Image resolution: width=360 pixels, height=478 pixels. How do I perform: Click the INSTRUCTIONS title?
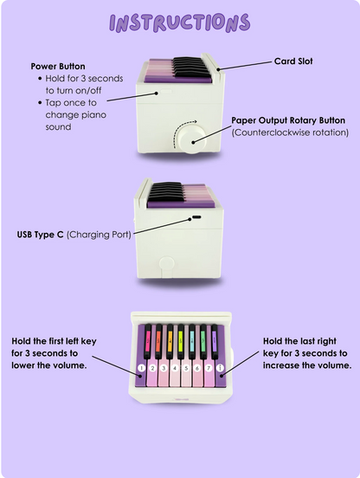point(180,23)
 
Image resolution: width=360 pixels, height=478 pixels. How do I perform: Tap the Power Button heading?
point(58,66)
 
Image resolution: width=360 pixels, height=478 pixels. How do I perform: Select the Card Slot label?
point(293,61)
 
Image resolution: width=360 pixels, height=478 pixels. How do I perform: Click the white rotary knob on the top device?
point(192,139)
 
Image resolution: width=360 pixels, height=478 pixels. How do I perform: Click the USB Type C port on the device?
point(196,217)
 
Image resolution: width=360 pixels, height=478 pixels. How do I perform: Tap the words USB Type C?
point(40,235)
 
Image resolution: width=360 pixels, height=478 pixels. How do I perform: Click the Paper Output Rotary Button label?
point(288,120)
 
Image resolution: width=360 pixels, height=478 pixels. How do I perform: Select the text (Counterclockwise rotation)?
point(290,132)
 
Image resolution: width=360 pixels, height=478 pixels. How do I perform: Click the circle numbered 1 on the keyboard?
point(141,368)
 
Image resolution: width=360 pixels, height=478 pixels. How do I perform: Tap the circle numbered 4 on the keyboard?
point(175,368)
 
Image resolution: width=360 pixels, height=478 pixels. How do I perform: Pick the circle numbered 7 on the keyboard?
point(209,368)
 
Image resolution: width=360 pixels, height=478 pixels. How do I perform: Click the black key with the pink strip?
point(148,341)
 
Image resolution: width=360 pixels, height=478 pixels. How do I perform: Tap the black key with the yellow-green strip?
point(181,341)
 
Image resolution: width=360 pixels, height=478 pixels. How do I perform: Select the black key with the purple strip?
point(215,341)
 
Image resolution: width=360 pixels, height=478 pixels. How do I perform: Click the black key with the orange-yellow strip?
point(170,341)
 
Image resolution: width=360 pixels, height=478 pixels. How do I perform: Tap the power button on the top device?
point(166,91)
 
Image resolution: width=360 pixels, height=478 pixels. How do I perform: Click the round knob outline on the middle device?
point(167,264)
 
